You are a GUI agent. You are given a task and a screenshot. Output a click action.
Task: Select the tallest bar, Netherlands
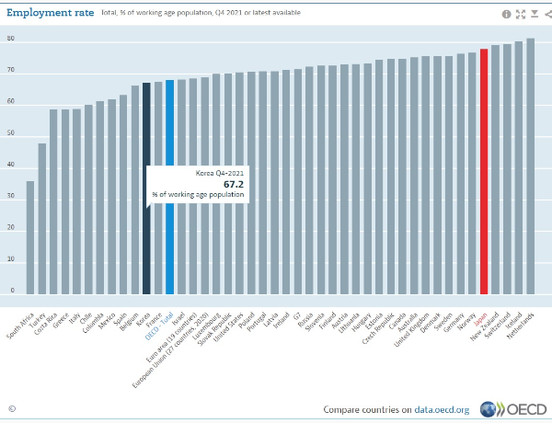(x=530, y=166)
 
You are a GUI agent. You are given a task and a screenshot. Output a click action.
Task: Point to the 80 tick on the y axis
(x=11, y=39)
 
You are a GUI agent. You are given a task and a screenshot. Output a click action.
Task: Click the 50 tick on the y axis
(x=11, y=134)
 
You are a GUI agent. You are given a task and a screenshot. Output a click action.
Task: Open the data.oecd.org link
(x=443, y=409)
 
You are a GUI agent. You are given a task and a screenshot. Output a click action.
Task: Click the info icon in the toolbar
(x=506, y=14)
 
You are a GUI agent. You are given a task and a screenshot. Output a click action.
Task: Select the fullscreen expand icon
(x=520, y=14)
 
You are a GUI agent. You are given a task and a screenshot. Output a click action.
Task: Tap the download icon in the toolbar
(x=534, y=14)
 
